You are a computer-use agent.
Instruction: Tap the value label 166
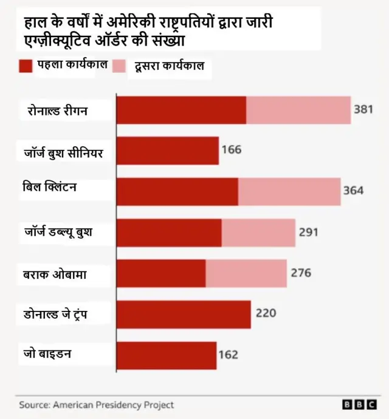click(x=231, y=149)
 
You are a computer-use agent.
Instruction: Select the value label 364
click(x=353, y=191)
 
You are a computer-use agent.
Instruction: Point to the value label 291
click(x=308, y=232)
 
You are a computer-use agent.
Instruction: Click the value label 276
click(x=300, y=273)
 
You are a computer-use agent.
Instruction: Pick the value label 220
click(x=265, y=313)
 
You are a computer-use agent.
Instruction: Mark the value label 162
click(x=229, y=355)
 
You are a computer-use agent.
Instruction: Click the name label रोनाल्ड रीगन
click(x=58, y=110)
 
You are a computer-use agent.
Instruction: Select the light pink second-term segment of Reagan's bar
click(x=298, y=110)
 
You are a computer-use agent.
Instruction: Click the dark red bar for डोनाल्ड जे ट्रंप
click(x=183, y=314)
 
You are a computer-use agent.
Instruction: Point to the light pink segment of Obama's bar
click(x=246, y=273)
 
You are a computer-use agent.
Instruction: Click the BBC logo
click(x=359, y=405)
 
